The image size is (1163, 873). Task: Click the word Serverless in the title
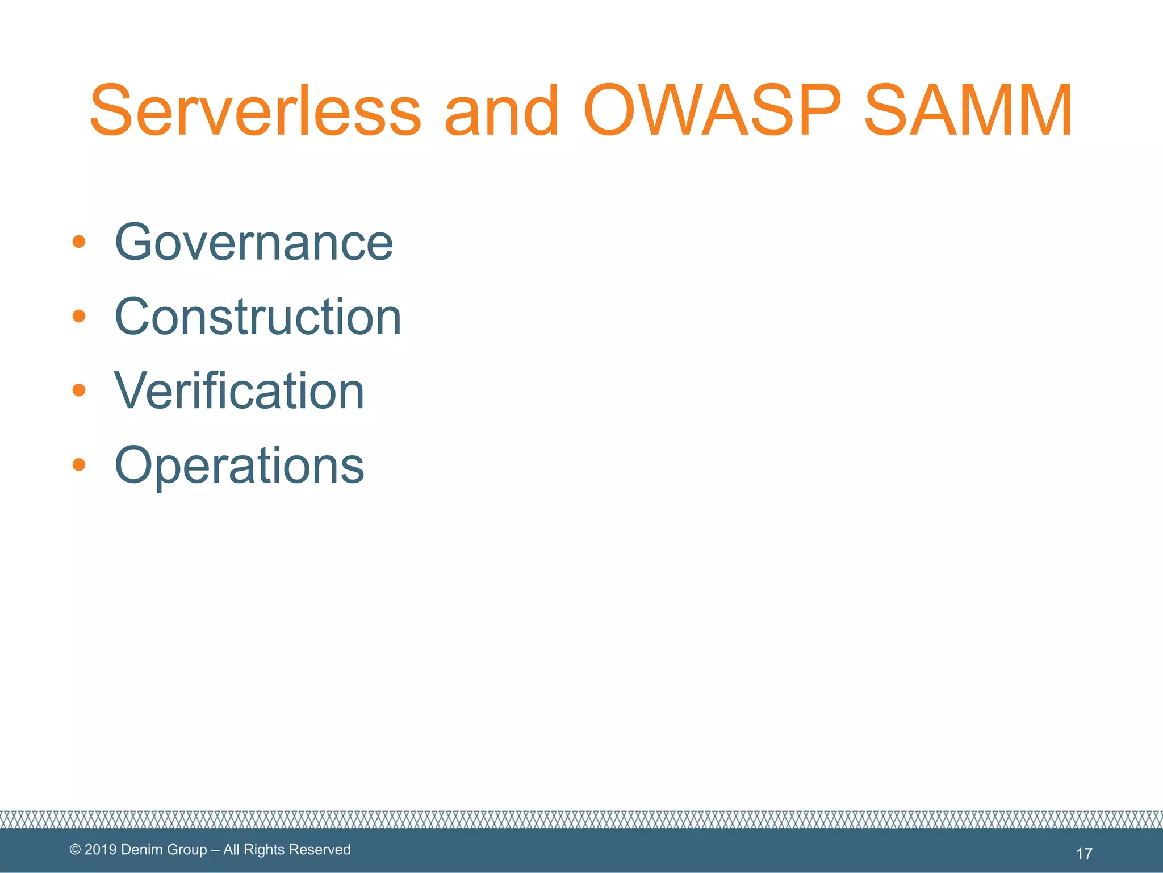pyautogui.click(x=256, y=111)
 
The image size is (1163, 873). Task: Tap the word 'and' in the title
pyautogui.click(x=502, y=111)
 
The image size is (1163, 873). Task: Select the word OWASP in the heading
pyautogui.click(x=712, y=111)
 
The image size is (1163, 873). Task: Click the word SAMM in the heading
pyautogui.click(x=968, y=111)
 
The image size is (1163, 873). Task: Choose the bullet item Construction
pyautogui.click(x=258, y=317)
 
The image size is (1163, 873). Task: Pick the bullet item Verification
pyautogui.click(x=239, y=391)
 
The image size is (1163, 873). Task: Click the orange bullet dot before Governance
pyautogui.click(x=79, y=242)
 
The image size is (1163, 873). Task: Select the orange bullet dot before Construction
pyautogui.click(x=79, y=316)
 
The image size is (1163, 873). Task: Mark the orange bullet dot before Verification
pyautogui.click(x=79, y=390)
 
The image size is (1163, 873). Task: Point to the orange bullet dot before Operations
pyautogui.click(x=79, y=465)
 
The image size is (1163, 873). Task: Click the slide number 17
pyautogui.click(x=1083, y=854)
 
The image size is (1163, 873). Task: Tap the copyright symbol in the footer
pyautogui.click(x=75, y=850)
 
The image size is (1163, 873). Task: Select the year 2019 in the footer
pyautogui.click(x=101, y=850)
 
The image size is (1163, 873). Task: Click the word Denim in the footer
pyautogui.click(x=141, y=850)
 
